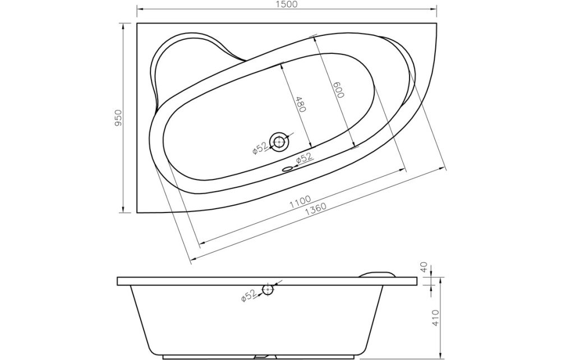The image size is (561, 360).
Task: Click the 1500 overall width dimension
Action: (287, 4)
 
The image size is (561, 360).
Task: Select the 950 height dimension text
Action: (118, 118)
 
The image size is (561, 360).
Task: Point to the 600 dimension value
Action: (337, 90)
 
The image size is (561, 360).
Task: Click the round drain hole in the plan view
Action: (279, 142)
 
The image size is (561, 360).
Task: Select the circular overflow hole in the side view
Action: (268, 290)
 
